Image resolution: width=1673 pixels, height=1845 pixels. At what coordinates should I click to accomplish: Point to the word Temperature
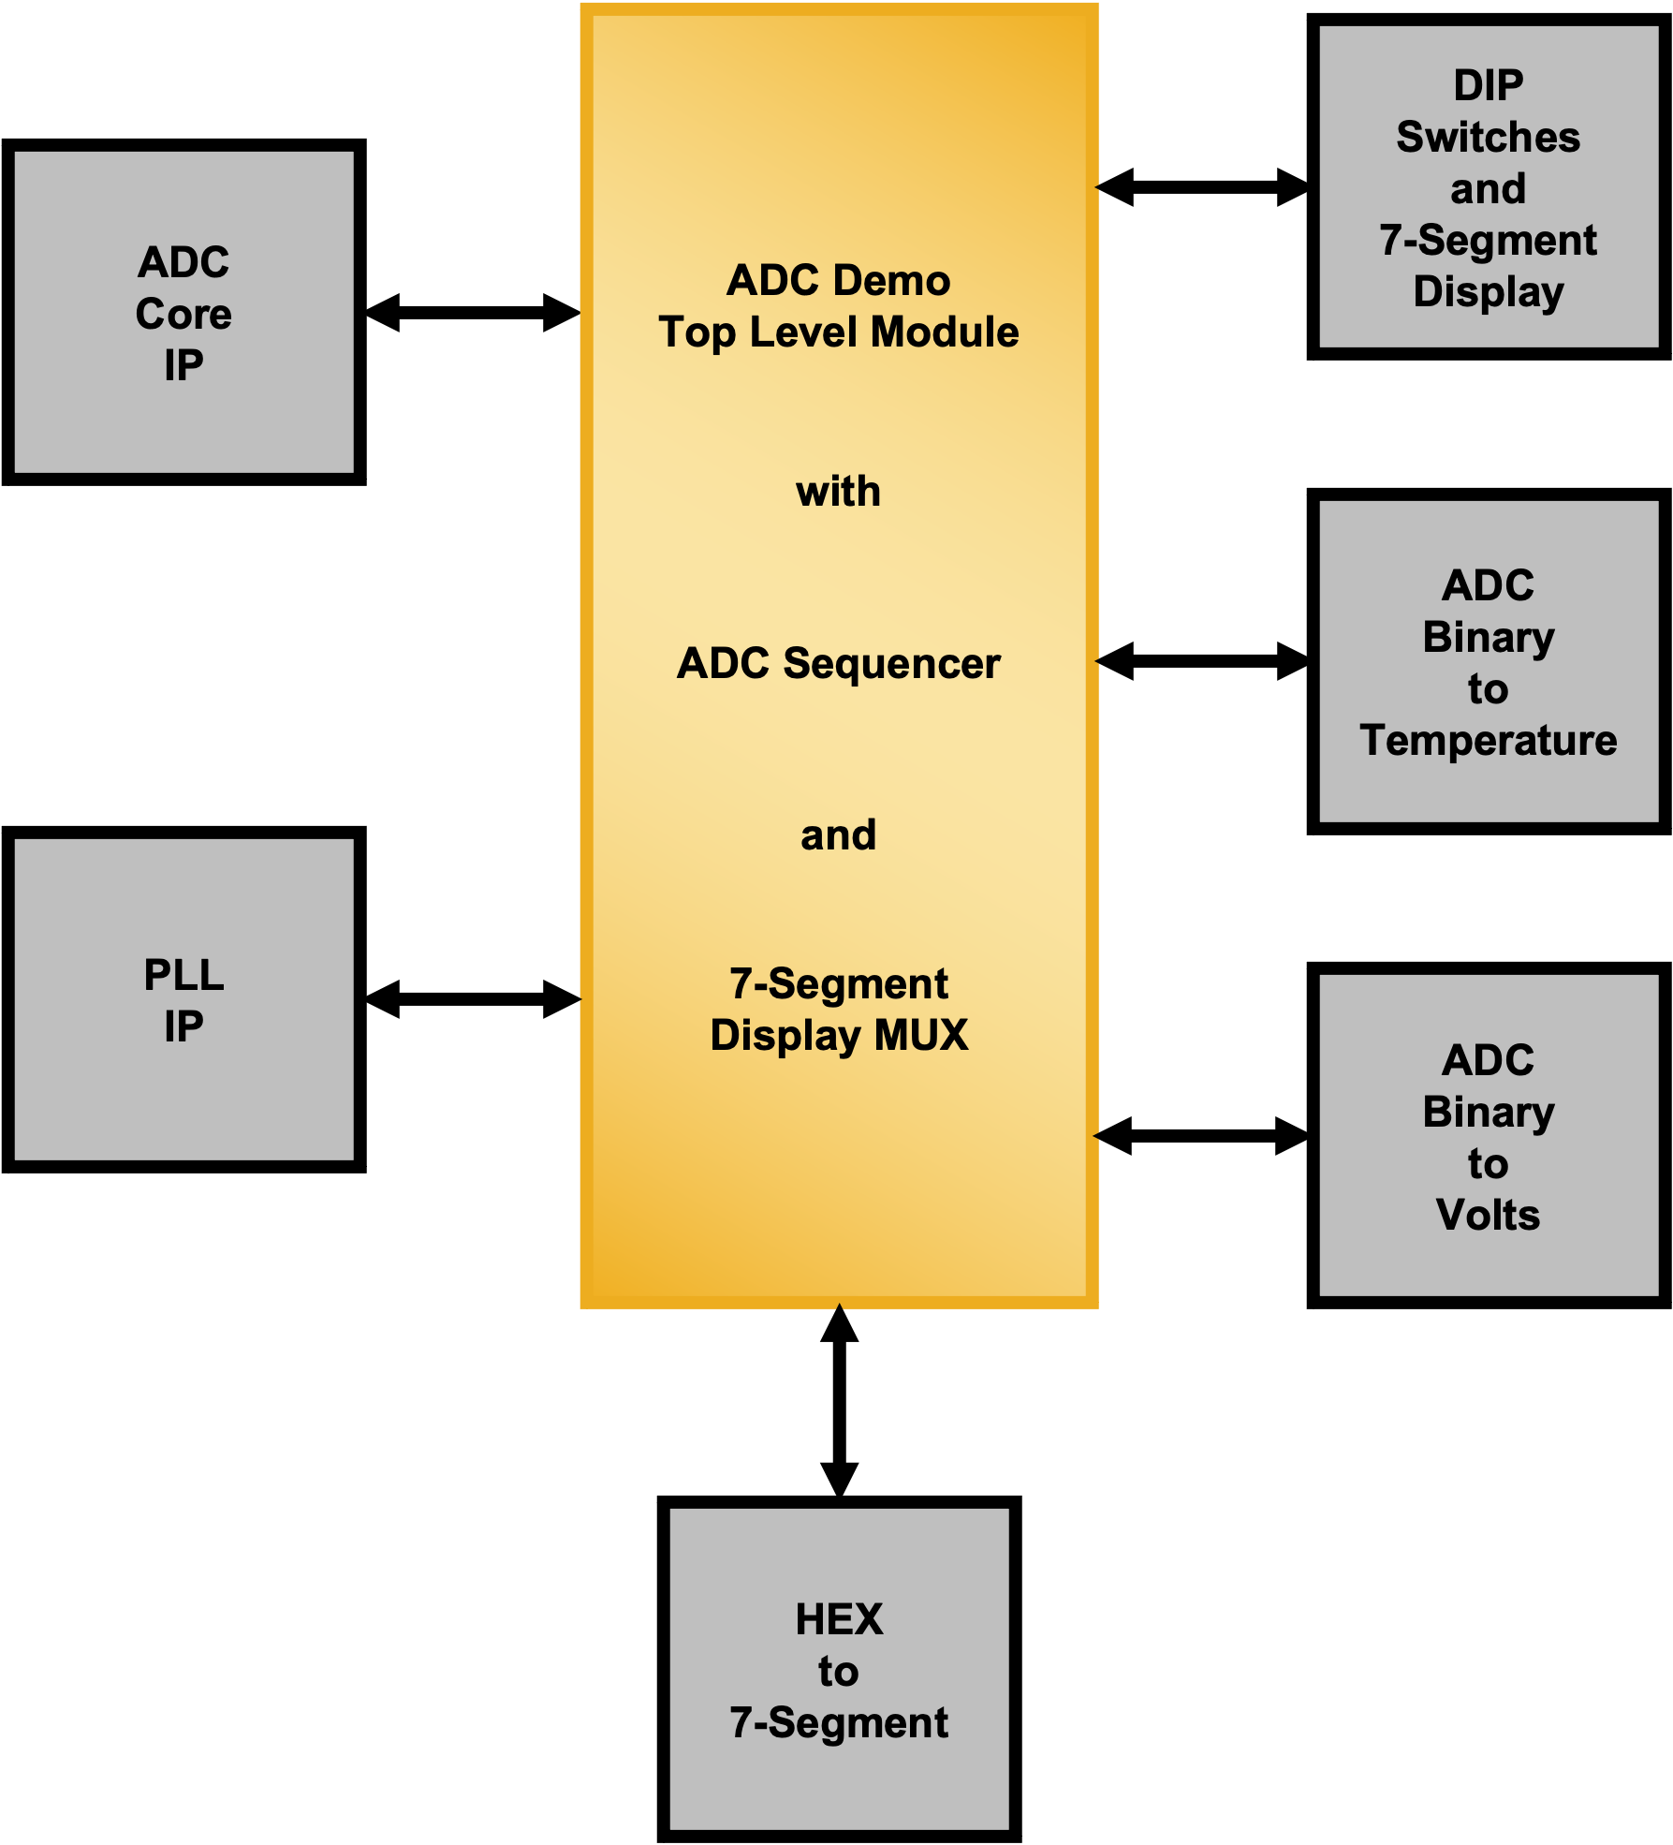pyautogui.click(x=1489, y=740)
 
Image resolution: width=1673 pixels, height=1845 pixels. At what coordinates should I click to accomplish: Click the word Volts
pyautogui.click(x=1488, y=1215)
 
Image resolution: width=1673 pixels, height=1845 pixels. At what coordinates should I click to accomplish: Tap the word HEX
pyautogui.click(x=839, y=1619)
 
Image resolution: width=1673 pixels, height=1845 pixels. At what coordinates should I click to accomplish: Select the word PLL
pyautogui.click(x=183, y=975)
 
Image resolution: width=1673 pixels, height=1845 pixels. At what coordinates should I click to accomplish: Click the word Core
pyautogui.click(x=183, y=314)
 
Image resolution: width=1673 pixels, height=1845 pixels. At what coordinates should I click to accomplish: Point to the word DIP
pyautogui.click(x=1489, y=86)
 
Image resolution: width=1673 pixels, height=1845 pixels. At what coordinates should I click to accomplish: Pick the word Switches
pyautogui.click(x=1489, y=138)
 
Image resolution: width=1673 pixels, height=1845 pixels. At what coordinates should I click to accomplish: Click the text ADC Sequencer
pyautogui.click(x=839, y=663)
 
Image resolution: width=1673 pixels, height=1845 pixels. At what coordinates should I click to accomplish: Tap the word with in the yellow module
pyautogui.click(x=839, y=492)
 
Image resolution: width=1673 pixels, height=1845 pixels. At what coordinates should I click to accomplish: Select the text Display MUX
pyautogui.click(x=839, y=1036)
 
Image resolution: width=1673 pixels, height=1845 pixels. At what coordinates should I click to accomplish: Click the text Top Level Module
pyautogui.click(x=839, y=332)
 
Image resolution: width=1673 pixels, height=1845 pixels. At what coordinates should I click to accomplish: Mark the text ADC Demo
pyautogui.click(x=839, y=281)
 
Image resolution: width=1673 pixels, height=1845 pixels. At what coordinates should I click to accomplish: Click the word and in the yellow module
pyautogui.click(x=839, y=835)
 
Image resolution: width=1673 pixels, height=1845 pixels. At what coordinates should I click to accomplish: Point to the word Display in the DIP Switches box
pyautogui.click(x=1489, y=292)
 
